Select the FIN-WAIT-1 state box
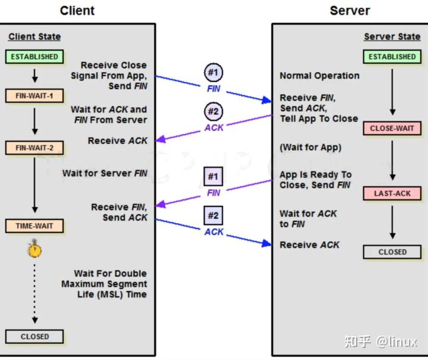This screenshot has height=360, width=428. click(34, 95)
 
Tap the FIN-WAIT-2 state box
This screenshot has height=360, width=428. click(34, 148)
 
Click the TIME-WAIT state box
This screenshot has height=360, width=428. click(34, 226)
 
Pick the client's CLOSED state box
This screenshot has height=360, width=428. click(34, 336)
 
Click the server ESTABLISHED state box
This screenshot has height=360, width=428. click(392, 57)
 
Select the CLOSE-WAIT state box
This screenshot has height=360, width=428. click(392, 129)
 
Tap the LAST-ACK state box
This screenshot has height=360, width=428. click(392, 193)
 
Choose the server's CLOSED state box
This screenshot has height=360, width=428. click(392, 252)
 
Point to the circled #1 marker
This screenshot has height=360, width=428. click(213, 73)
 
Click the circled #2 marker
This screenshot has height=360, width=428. click(213, 112)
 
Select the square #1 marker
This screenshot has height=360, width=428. click(213, 177)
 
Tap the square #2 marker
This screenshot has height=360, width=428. click(213, 215)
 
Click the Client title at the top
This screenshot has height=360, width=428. click(77, 11)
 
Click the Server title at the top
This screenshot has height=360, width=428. click(350, 11)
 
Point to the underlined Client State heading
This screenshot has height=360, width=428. click(34, 37)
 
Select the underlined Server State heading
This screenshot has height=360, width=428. click(392, 37)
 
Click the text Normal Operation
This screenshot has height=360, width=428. click(319, 76)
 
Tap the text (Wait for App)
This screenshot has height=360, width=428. click(311, 148)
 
